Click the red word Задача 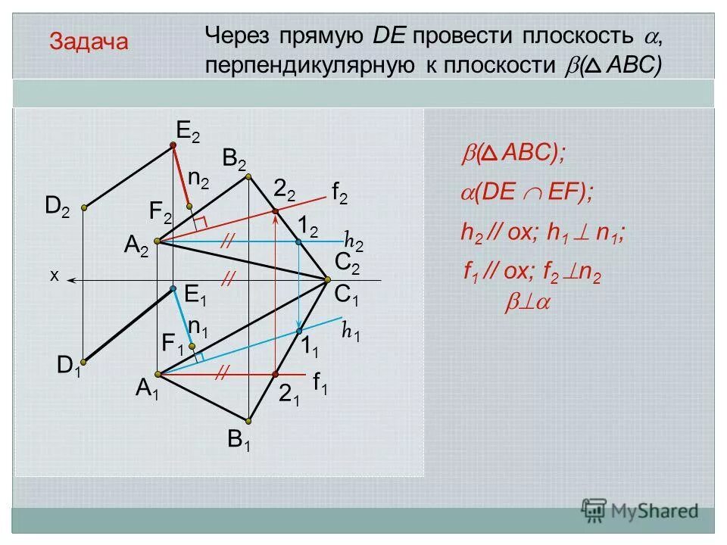pyautogui.click(x=89, y=42)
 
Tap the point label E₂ pyautogui.click(x=188, y=130)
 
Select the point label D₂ pyautogui.click(x=58, y=206)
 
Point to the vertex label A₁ pyautogui.click(x=147, y=389)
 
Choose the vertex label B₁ pyautogui.click(x=239, y=441)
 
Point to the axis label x pyautogui.click(x=54, y=276)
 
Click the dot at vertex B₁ pyautogui.click(x=249, y=420)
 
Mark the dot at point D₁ pyautogui.click(x=84, y=361)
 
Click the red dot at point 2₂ pyautogui.click(x=275, y=210)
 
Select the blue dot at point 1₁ pyautogui.click(x=299, y=332)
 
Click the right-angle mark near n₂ pyautogui.click(x=200, y=222)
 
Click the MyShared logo pyautogui.click(x=640, y=510)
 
